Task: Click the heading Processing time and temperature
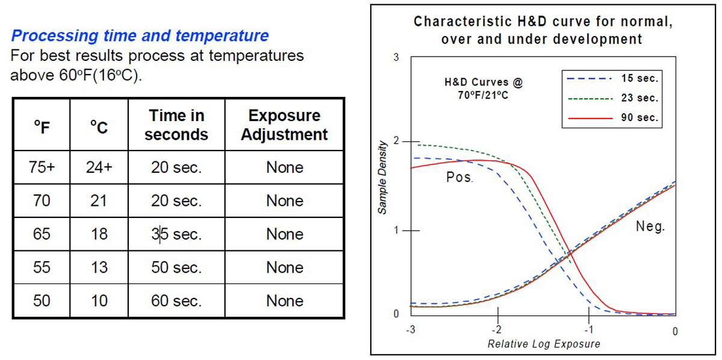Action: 140,36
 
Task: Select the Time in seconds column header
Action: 176,125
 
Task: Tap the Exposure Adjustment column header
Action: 284,125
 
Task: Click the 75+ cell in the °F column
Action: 42,167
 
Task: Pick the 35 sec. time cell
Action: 176,234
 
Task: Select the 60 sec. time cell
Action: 176,300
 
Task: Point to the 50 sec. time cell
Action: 176,267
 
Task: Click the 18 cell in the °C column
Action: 99,234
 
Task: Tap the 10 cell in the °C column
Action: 99,300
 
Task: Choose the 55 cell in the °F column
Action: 42,267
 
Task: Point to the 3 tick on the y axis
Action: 395,58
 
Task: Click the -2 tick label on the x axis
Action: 496,330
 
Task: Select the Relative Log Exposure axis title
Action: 543,344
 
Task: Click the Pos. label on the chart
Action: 460,178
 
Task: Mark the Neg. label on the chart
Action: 650,227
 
